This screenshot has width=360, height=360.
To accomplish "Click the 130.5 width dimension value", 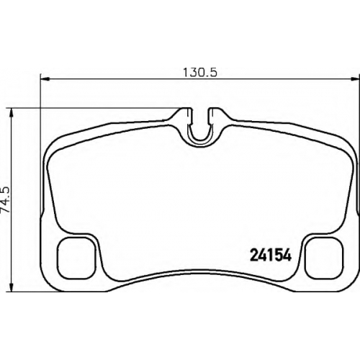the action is click(x=200, y=72).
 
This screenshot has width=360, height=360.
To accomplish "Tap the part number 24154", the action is click(x=271, y=255).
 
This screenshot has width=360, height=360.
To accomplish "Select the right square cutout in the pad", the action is click(x=324, y=258).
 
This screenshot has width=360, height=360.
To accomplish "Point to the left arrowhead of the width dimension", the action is click(x=45, y=78).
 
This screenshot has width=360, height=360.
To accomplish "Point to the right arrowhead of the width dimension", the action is click(x=355, y=78).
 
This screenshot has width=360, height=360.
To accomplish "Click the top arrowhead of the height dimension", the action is click(x=11, y=113).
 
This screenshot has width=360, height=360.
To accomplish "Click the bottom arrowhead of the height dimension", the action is click(x=11, y=287).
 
